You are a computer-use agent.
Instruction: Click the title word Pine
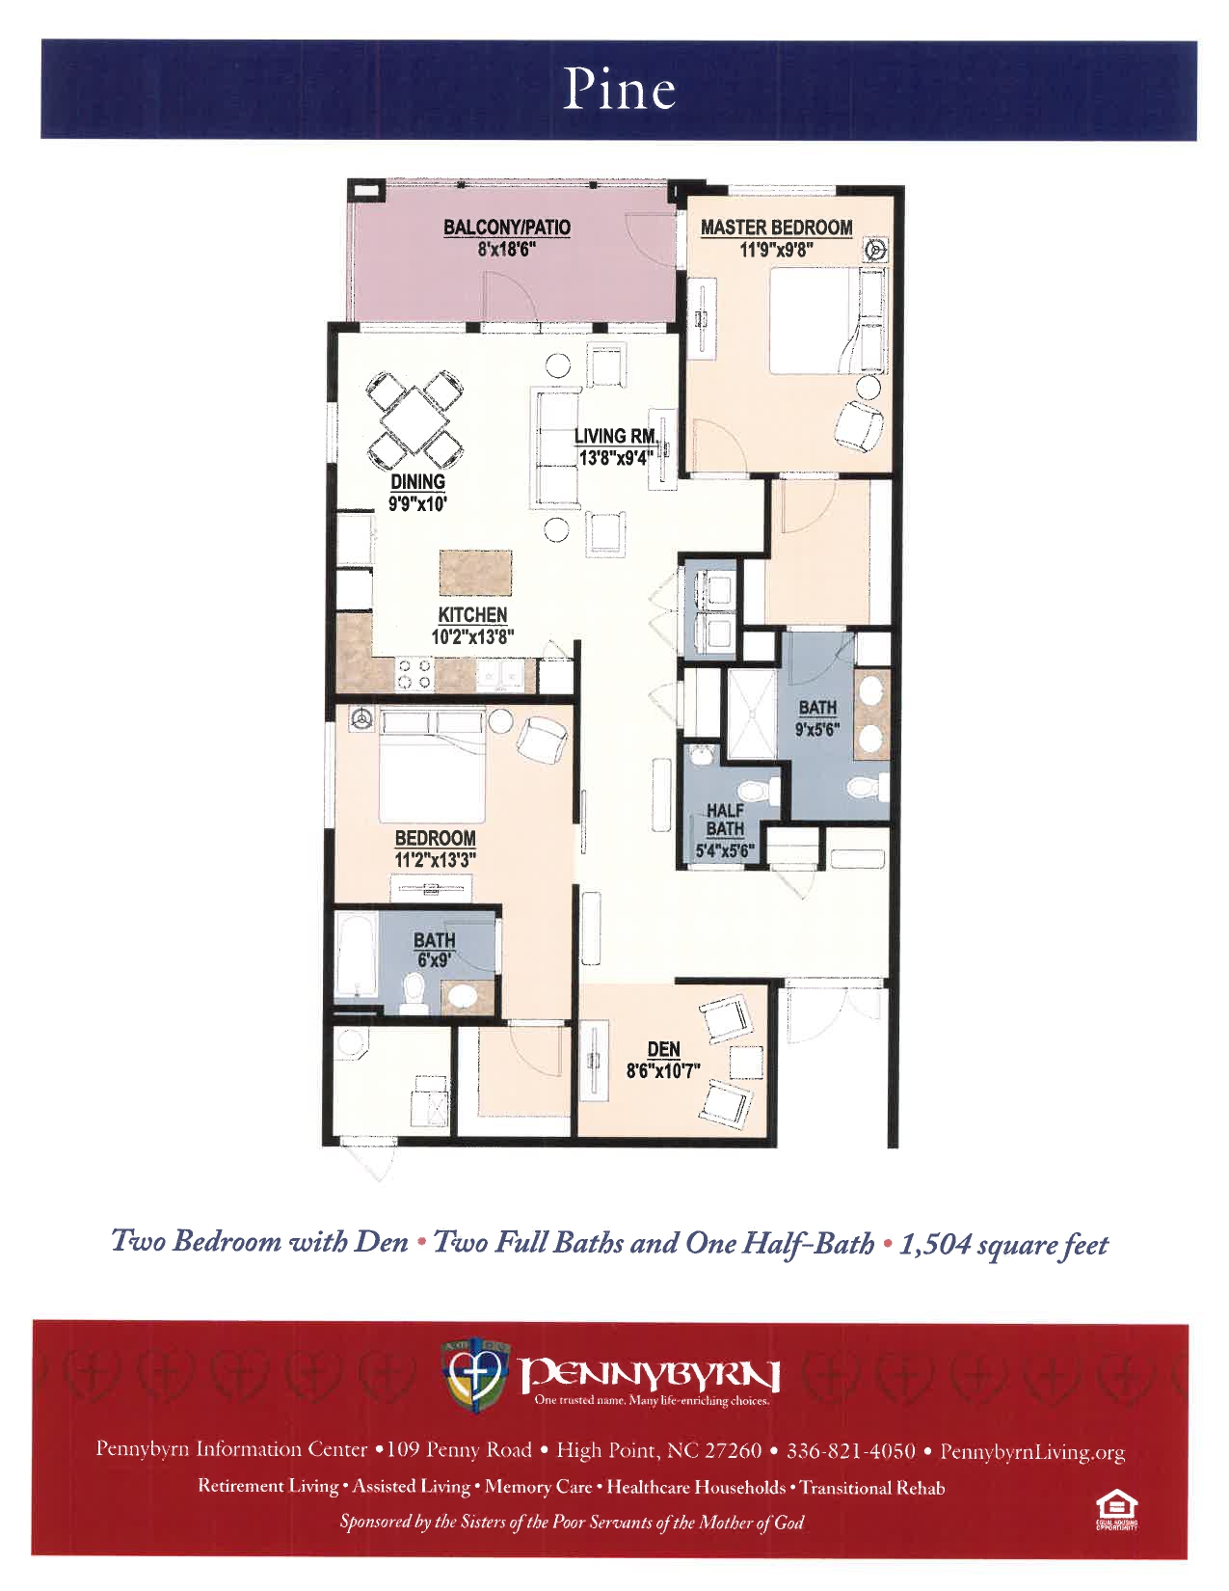click(x=619, y=90)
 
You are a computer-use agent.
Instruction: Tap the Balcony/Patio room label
click(x=506, y=227)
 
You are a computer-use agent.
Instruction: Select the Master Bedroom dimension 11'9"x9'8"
click(x=776, y=250)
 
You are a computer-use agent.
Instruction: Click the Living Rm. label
click(x=614, y=436)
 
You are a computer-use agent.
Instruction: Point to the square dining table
click(x=414, y=421)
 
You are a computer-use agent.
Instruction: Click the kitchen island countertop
click(x=475, y=574)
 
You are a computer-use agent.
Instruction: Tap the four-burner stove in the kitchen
click(x=414, y=674)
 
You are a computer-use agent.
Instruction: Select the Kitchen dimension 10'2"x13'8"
click(x=472, y=636)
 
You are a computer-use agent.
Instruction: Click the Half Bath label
click(x=725, y=820)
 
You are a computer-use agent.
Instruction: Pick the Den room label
click(x=663, y=1049)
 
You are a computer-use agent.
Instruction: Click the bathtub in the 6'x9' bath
click(x=356, y=957)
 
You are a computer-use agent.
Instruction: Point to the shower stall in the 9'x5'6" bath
click(x=751, y=714)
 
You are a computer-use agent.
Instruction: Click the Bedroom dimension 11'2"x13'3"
click(x=435, y=859)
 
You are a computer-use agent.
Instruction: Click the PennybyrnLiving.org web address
click(x=1032, y=1452)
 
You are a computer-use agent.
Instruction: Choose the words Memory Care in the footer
click(x=538, y=1487)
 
